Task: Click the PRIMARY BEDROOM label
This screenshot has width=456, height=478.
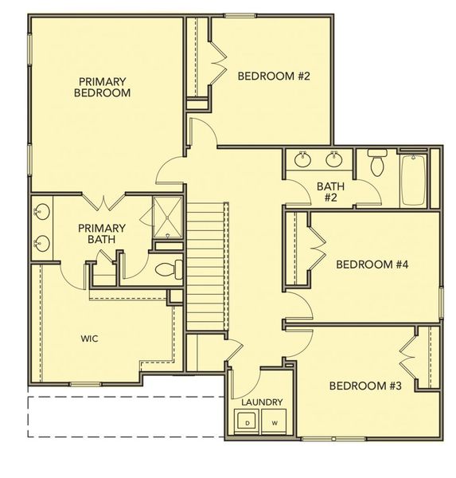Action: [103, 87]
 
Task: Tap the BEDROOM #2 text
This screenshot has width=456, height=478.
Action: [274, 76]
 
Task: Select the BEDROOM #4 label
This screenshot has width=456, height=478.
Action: [372, 264]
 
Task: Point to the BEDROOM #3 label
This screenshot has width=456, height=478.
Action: [365, 386]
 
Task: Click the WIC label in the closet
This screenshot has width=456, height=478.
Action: [90, 339]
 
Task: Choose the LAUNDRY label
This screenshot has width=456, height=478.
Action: [262, 402]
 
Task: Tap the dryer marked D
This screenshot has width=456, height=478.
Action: [247, 422]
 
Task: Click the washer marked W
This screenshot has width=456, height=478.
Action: [274, 422]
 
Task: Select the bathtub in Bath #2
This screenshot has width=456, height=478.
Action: [413, 180]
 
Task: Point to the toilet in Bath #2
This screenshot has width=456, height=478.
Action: [377, 163]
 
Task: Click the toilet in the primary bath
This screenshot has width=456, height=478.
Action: [169, 269]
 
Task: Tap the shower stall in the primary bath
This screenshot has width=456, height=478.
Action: [168, 217]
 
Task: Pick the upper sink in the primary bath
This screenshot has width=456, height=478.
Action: [41, 211]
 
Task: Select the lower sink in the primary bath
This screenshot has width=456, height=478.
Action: [41, 244]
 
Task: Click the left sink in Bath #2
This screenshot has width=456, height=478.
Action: [302, 159]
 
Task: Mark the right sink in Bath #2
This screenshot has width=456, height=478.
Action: [334, 159]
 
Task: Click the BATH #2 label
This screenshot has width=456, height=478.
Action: [330, 192]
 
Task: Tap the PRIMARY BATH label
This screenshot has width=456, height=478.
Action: [102, 233]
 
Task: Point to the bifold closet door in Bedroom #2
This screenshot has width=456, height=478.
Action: [219, 63]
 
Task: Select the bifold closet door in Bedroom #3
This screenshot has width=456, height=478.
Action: [407, 357]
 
